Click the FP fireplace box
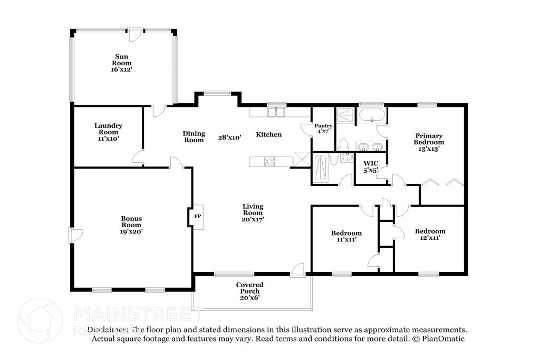point(198,217)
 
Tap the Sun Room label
point(122,60)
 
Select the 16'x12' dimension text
point(122,70)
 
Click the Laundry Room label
point(109,129)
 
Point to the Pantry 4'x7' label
point(323,129)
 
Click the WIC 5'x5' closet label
point(371,167)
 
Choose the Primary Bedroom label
point(429,139)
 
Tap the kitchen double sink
point(276,112)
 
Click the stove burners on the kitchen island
point(269,161)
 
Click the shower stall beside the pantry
point(345,115)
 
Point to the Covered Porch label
point(249,288)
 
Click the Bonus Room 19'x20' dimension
point(131,231)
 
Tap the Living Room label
point(253,210)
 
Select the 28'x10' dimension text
point(230,138)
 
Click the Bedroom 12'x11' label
point(430,235)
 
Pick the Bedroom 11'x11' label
point(346,236)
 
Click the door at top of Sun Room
point(135,34)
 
